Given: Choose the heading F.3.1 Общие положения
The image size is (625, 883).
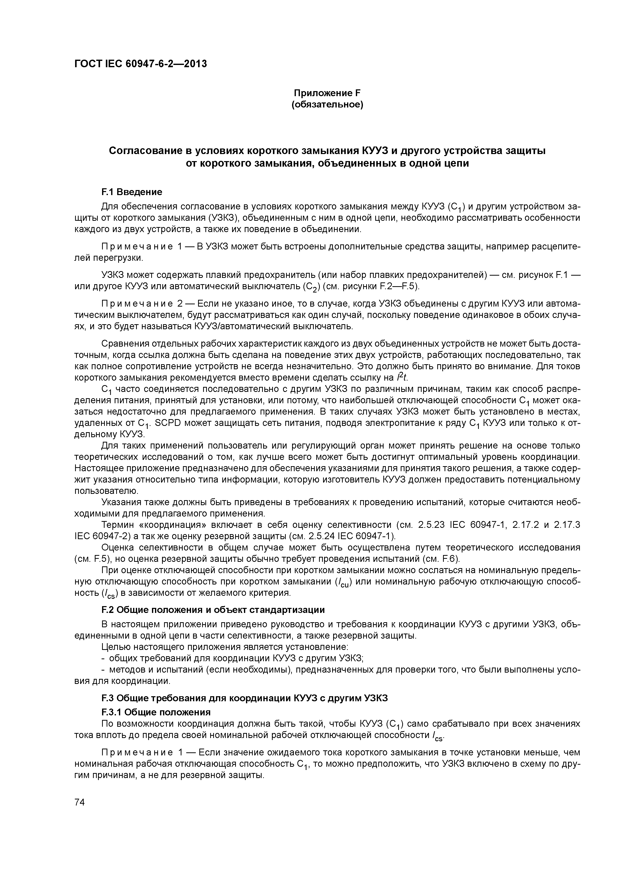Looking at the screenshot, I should pyautogui.click(x=156, y=712).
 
